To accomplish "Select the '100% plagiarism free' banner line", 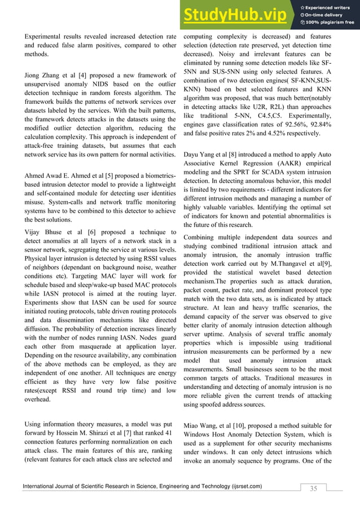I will [330, 23].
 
